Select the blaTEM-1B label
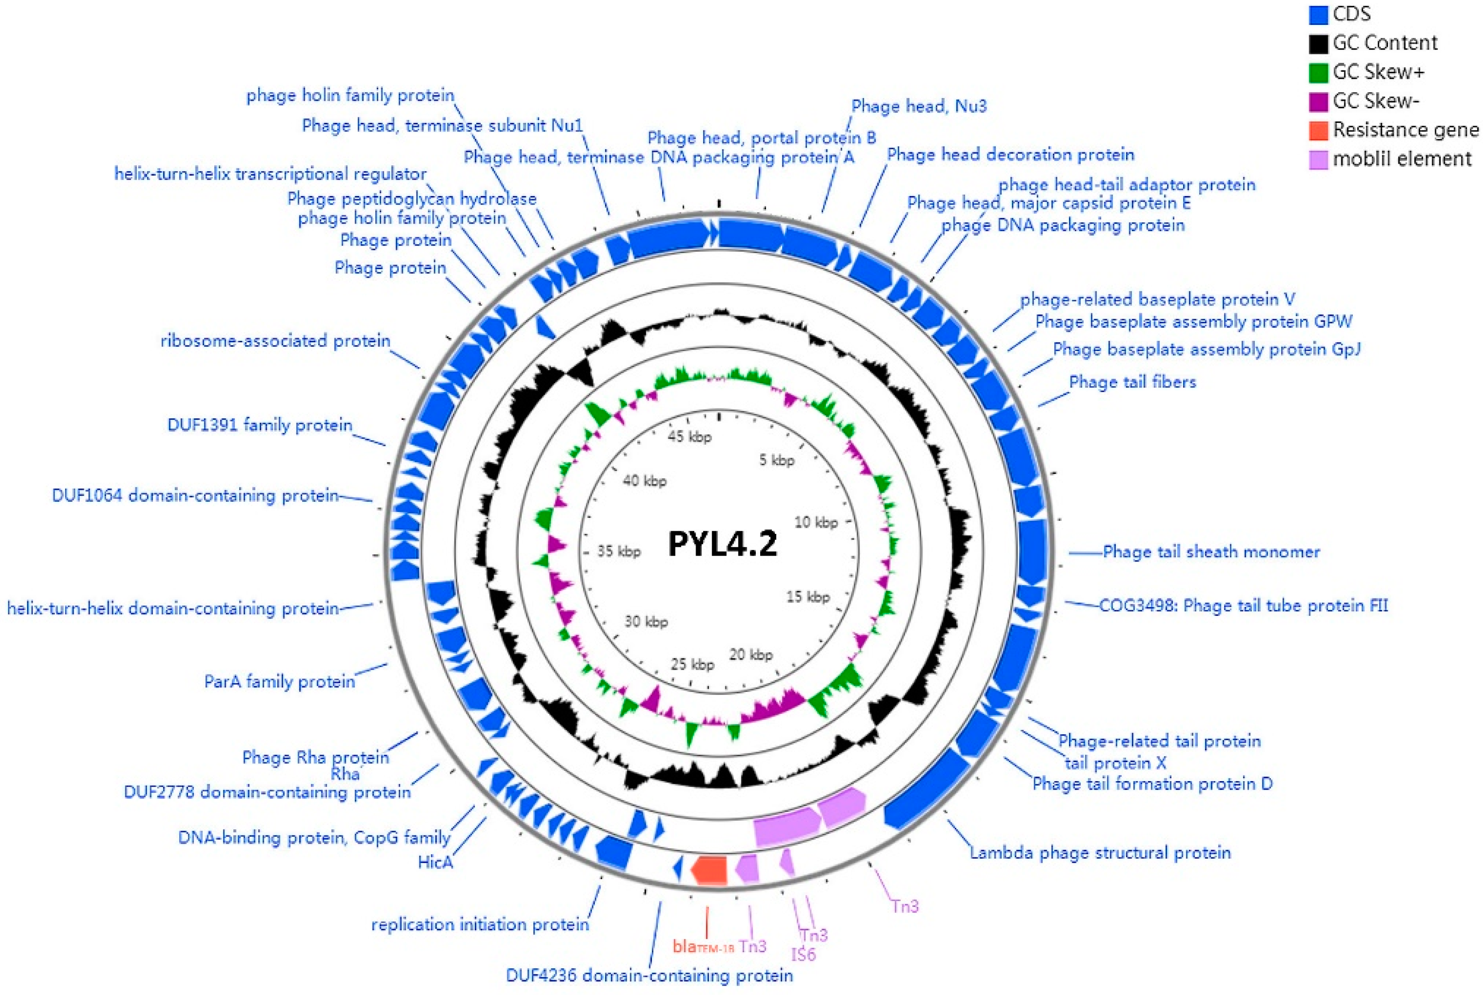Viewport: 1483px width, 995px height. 703,947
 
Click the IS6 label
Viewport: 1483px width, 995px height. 803,954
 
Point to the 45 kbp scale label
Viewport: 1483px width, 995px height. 689,437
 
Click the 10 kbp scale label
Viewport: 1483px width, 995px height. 816,522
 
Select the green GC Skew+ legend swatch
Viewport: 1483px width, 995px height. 1318,72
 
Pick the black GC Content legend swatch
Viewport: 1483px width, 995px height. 1318,43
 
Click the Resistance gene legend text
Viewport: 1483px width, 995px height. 1405,130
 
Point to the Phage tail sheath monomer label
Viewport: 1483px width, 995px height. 1211,552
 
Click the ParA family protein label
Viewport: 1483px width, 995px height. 279,681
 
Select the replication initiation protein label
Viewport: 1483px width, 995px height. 480,925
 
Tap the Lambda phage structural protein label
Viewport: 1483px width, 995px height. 1100,852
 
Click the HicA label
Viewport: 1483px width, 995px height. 435,862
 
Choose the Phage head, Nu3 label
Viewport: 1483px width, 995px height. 918,106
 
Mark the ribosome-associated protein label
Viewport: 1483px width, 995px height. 275,341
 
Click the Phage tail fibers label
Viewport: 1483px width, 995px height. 1132,382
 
